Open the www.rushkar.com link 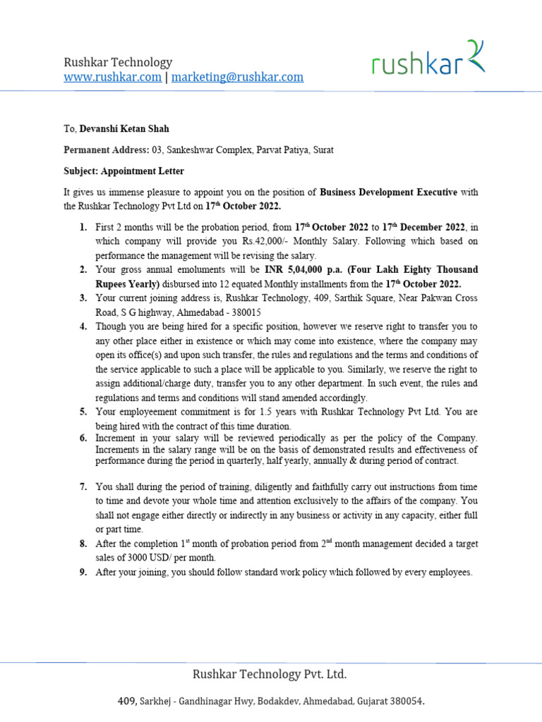(x=112, y=77)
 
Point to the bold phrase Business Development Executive (x=388, y=192)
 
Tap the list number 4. (x=83, y=326)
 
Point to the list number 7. (x=83, y=487)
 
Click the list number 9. (x=83, y=573)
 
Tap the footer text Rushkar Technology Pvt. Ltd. (x=270, y=675)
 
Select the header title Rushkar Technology (x=118, y=63)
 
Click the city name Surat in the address (x=321, y=149)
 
